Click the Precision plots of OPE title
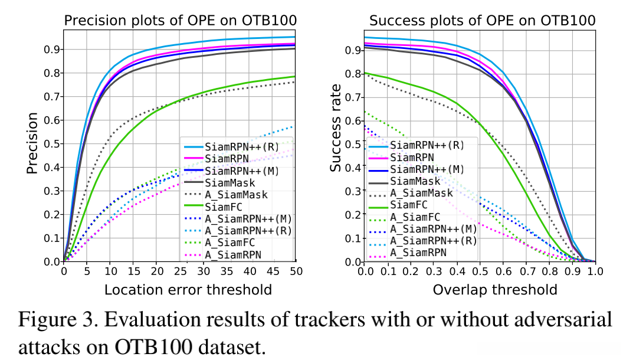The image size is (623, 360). pos(179,21)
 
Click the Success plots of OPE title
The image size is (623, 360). pos(482,21)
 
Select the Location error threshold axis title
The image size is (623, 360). pos(179,290)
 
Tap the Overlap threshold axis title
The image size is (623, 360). pos(495,290)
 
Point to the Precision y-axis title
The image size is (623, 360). pos(32,143)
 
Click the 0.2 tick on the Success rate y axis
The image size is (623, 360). pos(353,215)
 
